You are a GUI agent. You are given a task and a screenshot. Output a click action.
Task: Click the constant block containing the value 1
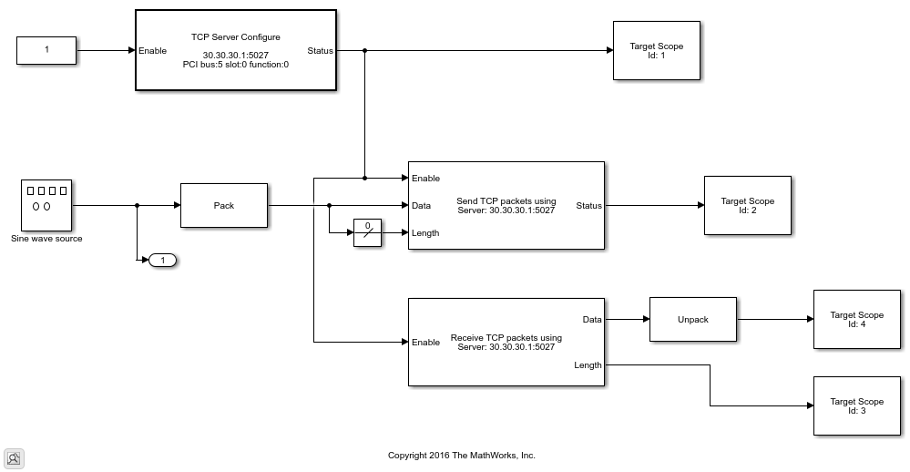[46, 51]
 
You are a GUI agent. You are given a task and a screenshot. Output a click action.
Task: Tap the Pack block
[224, 206]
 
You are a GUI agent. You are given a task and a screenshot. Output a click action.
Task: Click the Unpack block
[692, 320]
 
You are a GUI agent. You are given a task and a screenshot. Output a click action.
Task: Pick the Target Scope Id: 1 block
[656, 51]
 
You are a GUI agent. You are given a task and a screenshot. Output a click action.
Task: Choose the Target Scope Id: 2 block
[747, 206]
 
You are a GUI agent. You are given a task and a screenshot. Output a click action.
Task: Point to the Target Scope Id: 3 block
[856, 406]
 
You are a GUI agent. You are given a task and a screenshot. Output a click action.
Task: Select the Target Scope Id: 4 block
[856, 320]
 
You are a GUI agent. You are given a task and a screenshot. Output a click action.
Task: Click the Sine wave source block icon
[46, 205]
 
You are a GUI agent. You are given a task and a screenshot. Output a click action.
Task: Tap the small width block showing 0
[367, 233]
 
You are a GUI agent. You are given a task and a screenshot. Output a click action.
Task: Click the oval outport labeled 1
[162, 261]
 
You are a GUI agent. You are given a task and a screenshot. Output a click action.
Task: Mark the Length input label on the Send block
[425, 233]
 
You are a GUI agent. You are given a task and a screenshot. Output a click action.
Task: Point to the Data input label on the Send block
[421, 206]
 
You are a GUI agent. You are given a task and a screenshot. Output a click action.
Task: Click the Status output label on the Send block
[588, 206]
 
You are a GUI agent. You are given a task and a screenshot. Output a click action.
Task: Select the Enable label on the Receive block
[425, 343]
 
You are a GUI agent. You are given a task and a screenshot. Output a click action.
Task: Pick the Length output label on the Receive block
[588, 365]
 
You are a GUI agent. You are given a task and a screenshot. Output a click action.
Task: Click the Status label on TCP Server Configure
[320, 51]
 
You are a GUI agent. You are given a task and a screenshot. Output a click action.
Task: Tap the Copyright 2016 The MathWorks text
[461, 456]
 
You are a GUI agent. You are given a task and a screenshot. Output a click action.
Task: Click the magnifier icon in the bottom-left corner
[14, 458]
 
